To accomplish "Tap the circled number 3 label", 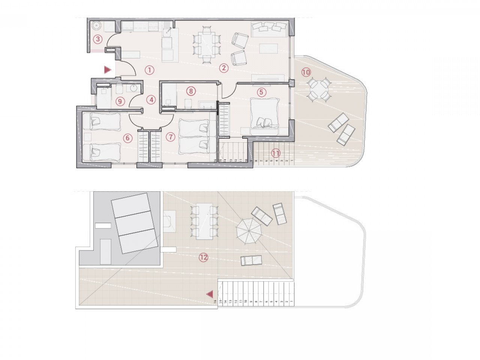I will tap(98, 39).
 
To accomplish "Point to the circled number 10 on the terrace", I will tap(306, 72).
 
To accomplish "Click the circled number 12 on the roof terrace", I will tap(203, 257).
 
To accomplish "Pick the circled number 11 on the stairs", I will tap(276, 153).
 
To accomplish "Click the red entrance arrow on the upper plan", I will tap(108, 69).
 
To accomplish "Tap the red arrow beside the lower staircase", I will tap(210, 294).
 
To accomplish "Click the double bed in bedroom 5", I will tap(265, 114).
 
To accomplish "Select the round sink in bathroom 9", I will tap(133, 88).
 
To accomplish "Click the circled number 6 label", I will tap(127, 138).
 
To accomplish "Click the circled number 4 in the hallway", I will tap(151, 100).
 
